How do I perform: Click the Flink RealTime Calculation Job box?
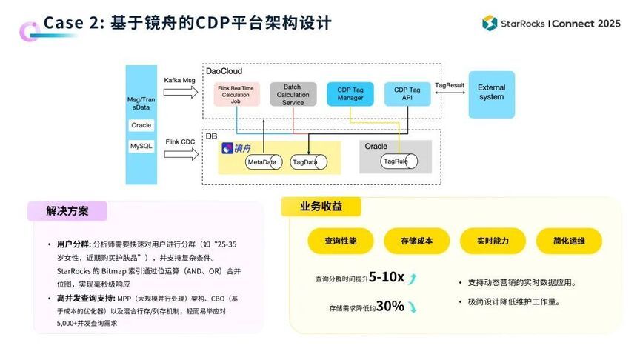[x=235, y=96]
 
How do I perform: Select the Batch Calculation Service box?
[x=293, y=94]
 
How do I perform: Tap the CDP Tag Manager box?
[x=350, y=94]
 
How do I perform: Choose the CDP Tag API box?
[x=407, y=94]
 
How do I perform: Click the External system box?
[x=491, y=93]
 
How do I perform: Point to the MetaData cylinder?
[x=262, y=161]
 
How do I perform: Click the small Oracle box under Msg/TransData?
[x=141, y=125]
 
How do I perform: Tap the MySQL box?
[x=141, y=147]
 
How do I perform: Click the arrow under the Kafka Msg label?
[x=180, y=92]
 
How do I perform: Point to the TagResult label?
[x=450, y=86]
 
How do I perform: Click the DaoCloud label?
[x=224, y=71]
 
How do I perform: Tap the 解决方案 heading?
[x=67, y=211]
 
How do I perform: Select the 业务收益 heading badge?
[x=321, y=207]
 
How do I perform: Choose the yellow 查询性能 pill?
[x=340, y=241]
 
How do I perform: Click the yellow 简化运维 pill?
[x=569, y=241]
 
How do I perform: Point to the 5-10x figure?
[x=387, y=277]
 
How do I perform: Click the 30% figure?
[x=390, y=305]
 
